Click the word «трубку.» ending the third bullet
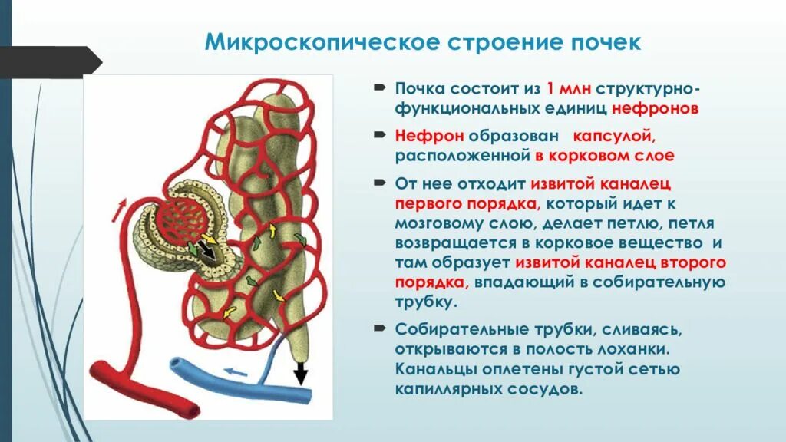426,302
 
